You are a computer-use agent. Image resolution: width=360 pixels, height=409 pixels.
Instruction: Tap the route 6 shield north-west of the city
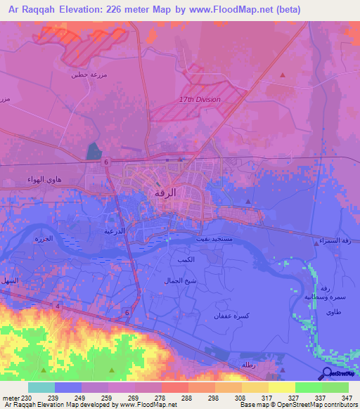[106, 162]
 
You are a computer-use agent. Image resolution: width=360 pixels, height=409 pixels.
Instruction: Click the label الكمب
[186, 259]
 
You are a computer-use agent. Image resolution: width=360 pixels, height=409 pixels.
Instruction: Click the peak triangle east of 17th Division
[283, 74]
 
